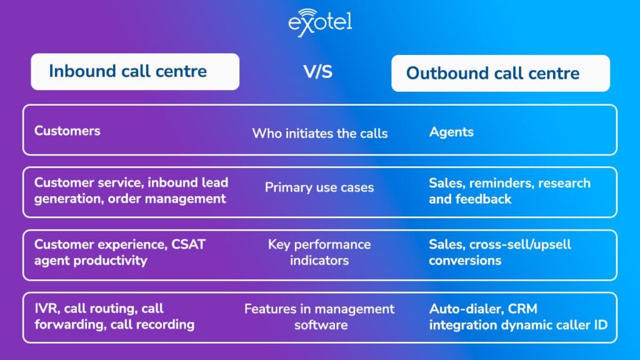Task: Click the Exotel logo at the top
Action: click(320, 23)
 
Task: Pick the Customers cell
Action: click(67, 131)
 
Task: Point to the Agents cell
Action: click(451, 132)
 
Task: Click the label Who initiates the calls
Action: click(319, 133)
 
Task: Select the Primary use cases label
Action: click(319, 187)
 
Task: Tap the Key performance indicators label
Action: click(319, 252)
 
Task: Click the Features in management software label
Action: click(319, 316)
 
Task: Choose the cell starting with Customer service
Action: click(131, 191)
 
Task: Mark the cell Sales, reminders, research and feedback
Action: click(509, 191)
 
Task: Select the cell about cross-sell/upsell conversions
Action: click(500, 252)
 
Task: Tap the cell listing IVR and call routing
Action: click(114, 316)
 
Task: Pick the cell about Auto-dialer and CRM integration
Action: click(517, 316)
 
